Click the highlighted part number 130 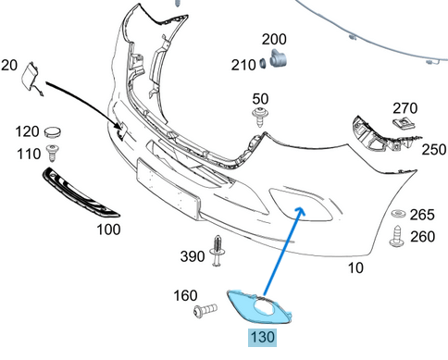tap(262, 337)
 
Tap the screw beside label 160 tap(205, 310)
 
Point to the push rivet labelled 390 tap(218, 251)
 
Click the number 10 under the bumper tap(355, 267)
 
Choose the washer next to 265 tap(398, 213)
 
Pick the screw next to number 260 tap(397, 237)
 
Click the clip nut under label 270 tap(404, 123)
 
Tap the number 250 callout tap(434, 150)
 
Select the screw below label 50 tap(261, 117)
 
